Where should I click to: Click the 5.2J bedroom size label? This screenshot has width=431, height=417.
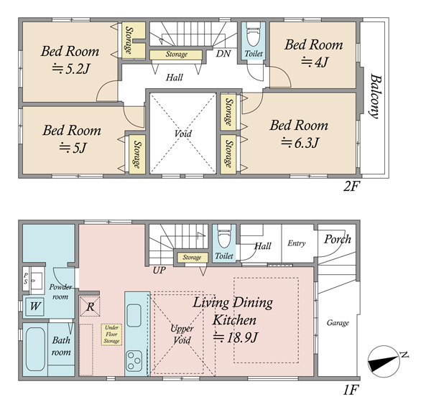point(71,69)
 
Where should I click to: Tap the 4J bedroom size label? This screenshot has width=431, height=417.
point(314,62)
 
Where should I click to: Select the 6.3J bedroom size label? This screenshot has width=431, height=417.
point(300,143)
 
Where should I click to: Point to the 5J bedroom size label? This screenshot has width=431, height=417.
point(73,148)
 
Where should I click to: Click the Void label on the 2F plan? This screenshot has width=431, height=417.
point(182,133)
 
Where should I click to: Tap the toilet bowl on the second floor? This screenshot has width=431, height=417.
point(253,34)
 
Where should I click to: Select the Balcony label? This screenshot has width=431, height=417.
point(375,96)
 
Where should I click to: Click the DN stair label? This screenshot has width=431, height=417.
point(223,53)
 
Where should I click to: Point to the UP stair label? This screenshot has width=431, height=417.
point(159,271)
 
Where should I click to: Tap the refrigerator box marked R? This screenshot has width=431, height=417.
point(90,306)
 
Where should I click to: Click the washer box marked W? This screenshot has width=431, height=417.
point(35,306)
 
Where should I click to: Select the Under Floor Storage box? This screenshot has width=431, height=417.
point(111,334)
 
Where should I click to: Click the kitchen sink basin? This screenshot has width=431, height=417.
point(134,315)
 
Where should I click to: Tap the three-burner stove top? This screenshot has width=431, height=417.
point(134,361)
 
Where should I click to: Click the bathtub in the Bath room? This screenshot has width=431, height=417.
point(35,349)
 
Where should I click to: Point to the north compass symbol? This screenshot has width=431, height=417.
point(384,361)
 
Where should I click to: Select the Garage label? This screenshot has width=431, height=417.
point(338,323)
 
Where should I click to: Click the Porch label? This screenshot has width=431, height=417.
point(338,239)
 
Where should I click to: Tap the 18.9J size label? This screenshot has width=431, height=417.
point(236,337)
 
